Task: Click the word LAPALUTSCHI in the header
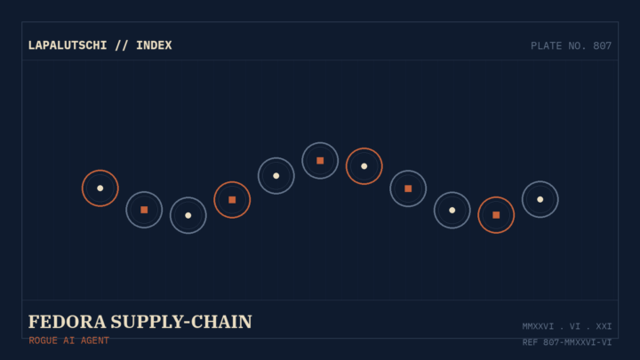[x=68, y=45]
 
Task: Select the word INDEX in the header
[x=154, y=45]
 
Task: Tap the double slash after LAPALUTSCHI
[x=121, y=45]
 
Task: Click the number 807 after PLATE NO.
[x=602, y=45]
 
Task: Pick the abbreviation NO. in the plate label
[x=578, y=45]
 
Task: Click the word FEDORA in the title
[x=67, y=322]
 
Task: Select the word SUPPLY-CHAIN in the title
[x=181, y=322]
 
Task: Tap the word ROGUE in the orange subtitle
[x=43, y=340]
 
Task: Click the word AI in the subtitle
[x=69, y=340]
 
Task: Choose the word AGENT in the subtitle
[x=95, y=340]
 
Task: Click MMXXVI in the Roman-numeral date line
[x=538, y=326]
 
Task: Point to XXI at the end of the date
[x=604, y=326]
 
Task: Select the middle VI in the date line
[x=575, y=326]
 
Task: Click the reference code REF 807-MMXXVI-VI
[x=567, y=342]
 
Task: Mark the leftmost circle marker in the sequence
[x=100, y=170]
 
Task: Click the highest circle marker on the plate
[x=320, y=143]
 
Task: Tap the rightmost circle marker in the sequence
[x=540, y=181]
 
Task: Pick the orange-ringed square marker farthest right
[x=496, y=197]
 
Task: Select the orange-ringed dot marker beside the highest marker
[x=364, y=148]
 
